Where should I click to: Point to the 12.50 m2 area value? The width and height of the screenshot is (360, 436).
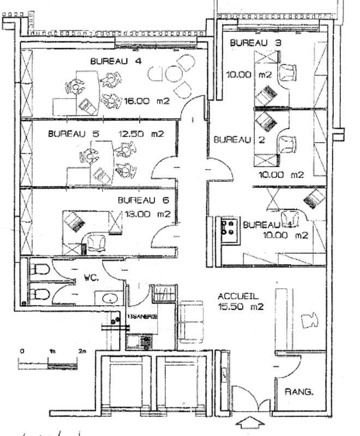tap(140, 134)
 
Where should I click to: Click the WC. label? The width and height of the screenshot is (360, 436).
tap(91, 277)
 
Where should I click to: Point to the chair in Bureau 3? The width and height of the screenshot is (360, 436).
tap(287, 71)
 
